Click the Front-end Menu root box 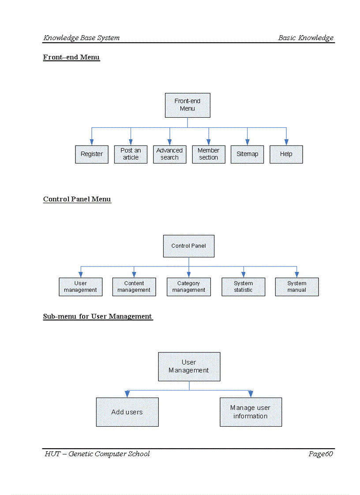187,105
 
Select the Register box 92,154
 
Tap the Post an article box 131,154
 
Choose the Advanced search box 169,154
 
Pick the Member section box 209,154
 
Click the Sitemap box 247,154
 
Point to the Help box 286,154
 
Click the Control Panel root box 189,246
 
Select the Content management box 134,287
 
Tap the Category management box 189,287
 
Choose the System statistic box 243,287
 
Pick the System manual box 297,287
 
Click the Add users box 127,412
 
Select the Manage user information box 251,412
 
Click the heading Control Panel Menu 77,199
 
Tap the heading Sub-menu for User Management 97,316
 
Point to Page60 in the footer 320,454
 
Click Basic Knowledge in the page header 306,38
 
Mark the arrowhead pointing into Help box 286,142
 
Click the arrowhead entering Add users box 127,394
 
